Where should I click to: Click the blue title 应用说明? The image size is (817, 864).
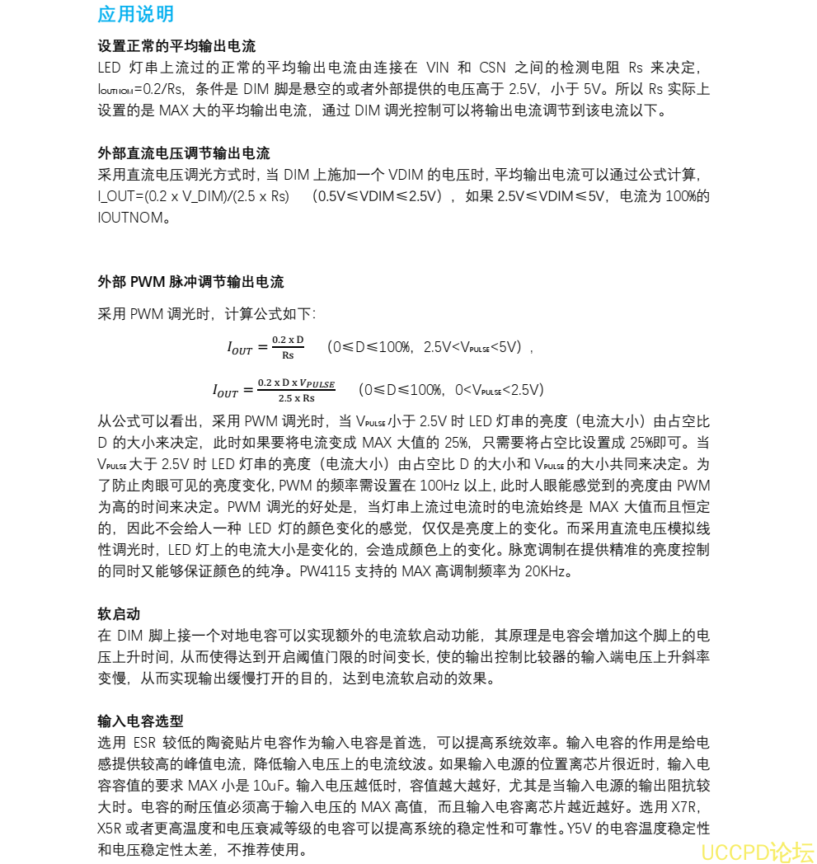click(x=135, y=14)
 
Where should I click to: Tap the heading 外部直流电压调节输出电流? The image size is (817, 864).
click(x=183, y=153)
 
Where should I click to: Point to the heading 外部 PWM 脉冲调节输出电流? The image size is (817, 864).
click(x=190, y=282)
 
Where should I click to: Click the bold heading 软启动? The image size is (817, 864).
click(x=119, y=613)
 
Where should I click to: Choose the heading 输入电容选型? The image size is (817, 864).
click(x=140, y=721)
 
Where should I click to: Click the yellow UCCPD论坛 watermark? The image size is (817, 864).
click(x=757, y=851)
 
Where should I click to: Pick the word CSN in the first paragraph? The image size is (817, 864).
click(x=494, y=68)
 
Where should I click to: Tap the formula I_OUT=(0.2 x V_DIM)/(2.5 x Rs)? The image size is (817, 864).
click(x=194, y=196)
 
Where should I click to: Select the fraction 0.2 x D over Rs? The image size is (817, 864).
click(x=288, y=347)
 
